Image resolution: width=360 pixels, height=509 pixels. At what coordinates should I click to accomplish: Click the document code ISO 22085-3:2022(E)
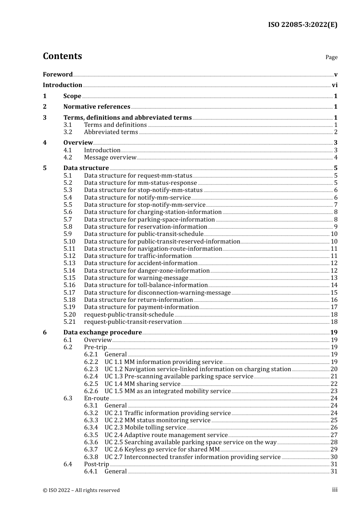click(302, 25)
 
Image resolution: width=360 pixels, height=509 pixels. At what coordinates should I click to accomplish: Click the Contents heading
click(62, 56)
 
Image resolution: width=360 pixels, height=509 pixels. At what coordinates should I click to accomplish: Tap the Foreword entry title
click(58, 75)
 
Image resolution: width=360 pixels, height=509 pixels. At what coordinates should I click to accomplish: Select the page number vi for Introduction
click(335, 85)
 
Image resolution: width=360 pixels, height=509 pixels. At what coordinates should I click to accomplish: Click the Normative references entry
click(97, 107)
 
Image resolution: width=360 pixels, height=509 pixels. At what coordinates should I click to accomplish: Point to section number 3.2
click(68, 132)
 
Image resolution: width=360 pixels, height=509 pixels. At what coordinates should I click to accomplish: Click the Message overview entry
click(110, 158)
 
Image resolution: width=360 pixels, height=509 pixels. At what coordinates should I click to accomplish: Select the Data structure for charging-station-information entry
click(153, 212)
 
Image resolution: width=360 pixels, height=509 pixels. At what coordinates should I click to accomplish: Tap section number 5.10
click(69, 242)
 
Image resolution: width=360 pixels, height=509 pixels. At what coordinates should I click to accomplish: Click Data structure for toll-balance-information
click(146, 285)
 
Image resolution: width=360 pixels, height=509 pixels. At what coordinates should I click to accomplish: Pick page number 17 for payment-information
click(334, 307)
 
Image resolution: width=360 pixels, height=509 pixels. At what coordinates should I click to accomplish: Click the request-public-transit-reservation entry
click(133, 322)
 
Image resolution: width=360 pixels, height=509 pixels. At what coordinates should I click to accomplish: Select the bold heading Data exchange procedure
click(102, 333)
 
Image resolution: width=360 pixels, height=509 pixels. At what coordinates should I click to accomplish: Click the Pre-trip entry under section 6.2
click(95, 347)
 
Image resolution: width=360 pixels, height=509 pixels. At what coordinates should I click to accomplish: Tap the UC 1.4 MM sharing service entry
click(142, 384)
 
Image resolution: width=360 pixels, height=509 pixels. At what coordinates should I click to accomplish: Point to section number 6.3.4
click(91, 428)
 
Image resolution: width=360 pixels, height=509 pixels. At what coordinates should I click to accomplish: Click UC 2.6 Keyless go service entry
click(162, 450)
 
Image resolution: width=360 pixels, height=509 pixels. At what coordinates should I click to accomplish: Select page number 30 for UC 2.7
click(334, 457)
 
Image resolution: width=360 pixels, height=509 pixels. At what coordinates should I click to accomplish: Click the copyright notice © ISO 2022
click(81, 490)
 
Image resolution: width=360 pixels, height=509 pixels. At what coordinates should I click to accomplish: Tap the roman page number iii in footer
click(335, 490)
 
